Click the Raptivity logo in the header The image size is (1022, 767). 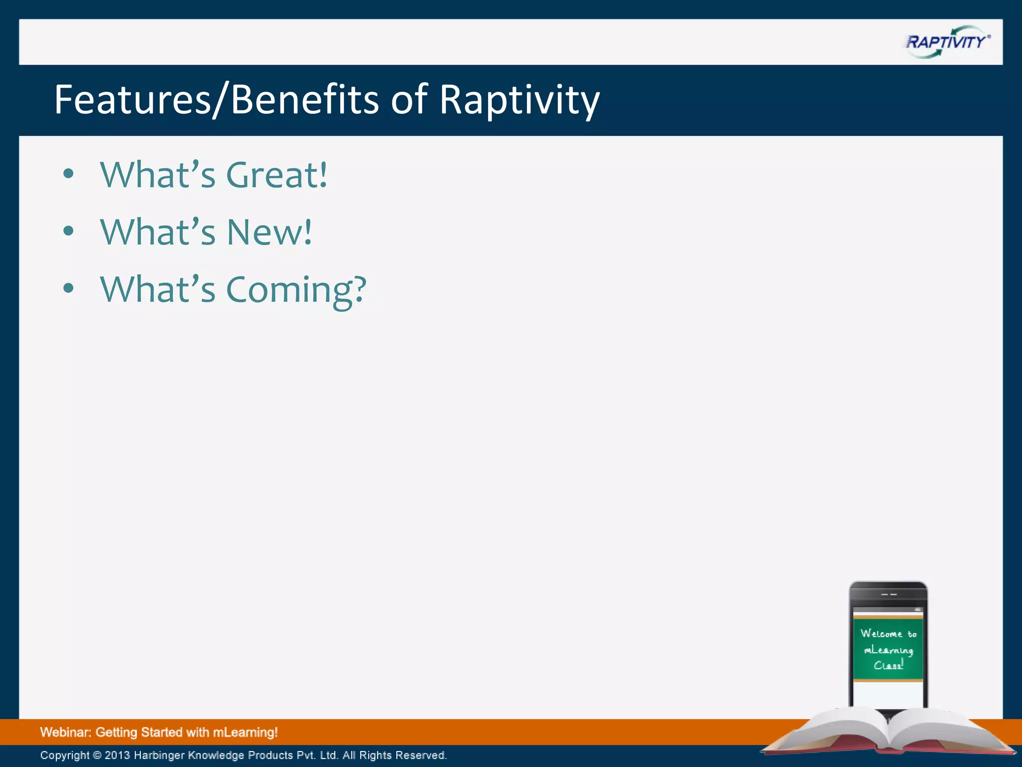(x=947, y=42)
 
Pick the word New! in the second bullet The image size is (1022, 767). (x=269, y=233)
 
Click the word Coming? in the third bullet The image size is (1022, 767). (x=296, y=290)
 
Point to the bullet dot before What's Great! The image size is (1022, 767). (x=69, y=174)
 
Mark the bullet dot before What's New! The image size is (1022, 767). (x=69, y=231)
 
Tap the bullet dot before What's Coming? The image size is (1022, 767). (x=69, y=288)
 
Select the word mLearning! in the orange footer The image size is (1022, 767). (x=245, y=733)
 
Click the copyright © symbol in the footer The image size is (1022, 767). (x=97, y=755)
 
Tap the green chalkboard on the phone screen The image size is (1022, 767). (x=888, y=649)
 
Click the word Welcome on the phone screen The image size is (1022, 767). (x=881, y=634)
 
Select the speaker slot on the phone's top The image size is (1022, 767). (x=889, y=595)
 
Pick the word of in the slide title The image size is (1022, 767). (x=409, y=100)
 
